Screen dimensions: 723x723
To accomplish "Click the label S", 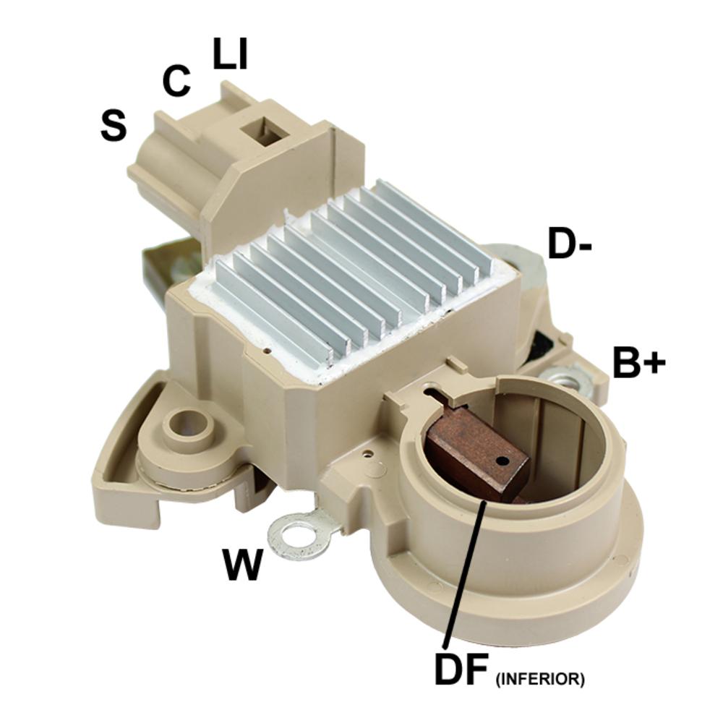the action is tap(114, 125).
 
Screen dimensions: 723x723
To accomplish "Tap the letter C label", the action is tap(176, 81).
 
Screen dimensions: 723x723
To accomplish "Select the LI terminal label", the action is tap(231, 53).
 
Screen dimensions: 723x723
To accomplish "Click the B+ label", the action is tap(639, 361).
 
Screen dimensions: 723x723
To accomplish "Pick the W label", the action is tap(242, 565).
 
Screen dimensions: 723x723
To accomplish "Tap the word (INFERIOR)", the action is tap(540, 679).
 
